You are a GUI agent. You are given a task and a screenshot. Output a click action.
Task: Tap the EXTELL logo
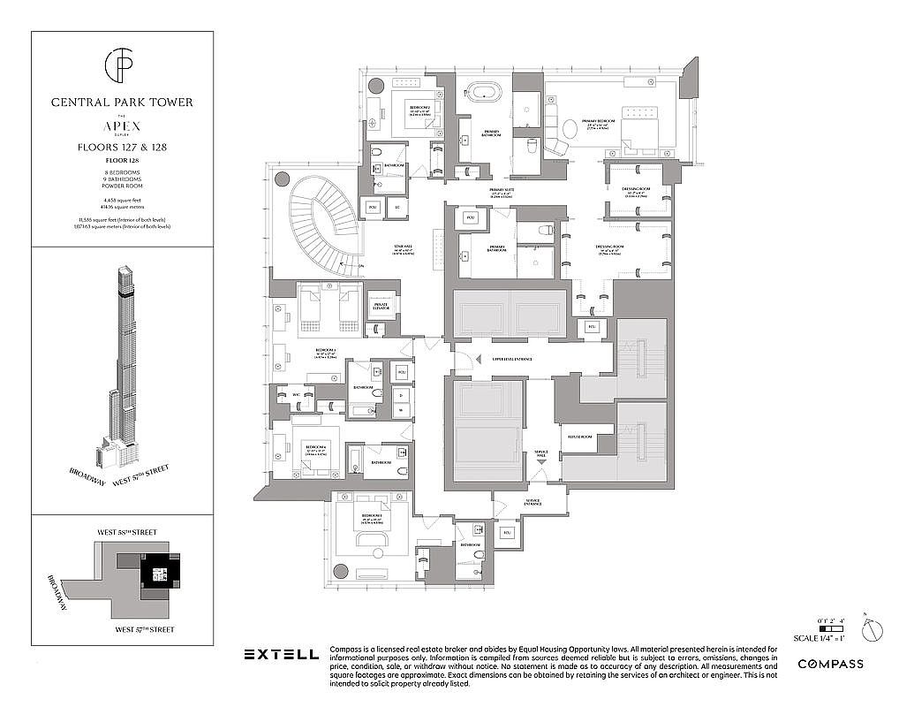tap(281, 655)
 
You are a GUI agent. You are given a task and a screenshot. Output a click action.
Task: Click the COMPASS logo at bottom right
tap(830, 664)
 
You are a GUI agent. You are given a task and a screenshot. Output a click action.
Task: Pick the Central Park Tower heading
tap(122, 103)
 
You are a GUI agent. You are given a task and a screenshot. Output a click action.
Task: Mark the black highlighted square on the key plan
tap(160, 574)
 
